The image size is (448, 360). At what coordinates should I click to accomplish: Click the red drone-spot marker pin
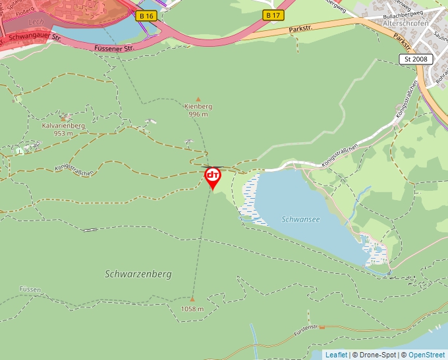coord(213,176)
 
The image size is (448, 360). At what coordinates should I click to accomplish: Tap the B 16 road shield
coord(147,15)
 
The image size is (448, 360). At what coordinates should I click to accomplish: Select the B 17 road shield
coord(272,14)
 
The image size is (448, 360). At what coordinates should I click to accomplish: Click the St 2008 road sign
coord(416,59)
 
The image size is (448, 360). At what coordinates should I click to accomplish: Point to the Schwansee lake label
coord(300,219)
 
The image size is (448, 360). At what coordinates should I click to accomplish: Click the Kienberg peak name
coord(198,106)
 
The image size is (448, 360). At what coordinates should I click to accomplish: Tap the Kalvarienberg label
coord(63,125)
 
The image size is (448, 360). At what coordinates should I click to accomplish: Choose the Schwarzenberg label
coord(138,273)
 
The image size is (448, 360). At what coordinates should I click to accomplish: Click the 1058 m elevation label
coord(192,309)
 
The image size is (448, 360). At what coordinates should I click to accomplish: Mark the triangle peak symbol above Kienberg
coord(198,98)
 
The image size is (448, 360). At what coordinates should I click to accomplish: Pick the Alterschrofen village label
coord(406,23)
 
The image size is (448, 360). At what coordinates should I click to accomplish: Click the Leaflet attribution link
coord(336,355)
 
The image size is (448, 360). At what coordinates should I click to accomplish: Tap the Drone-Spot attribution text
coord(378,355)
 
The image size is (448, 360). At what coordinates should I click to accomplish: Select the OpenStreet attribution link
coord(426,355)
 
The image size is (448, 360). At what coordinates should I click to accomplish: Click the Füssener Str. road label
coord(114,48)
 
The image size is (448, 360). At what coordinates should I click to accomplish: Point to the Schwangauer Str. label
coord(34,38)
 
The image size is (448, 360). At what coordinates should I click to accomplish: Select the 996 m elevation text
coord(198,114)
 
